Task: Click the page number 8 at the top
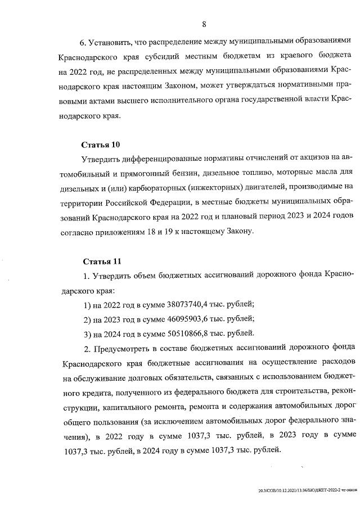tap(205, 24)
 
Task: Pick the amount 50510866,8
tap(189, 332)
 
